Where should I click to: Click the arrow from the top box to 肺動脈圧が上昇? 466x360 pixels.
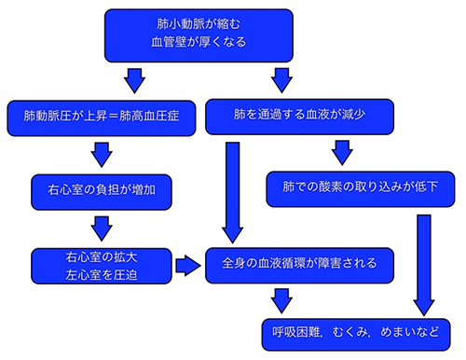pos(134,78)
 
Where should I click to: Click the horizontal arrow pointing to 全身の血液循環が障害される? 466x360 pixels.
pos(188,265)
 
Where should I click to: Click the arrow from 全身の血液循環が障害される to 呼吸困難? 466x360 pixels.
pos(279,299)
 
